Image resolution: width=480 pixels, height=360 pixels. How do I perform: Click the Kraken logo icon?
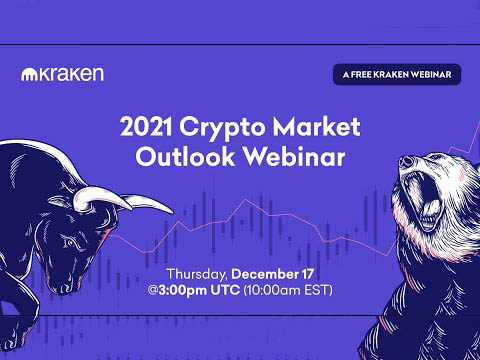(28, 74)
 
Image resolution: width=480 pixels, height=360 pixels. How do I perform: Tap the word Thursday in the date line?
(201, 274)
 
